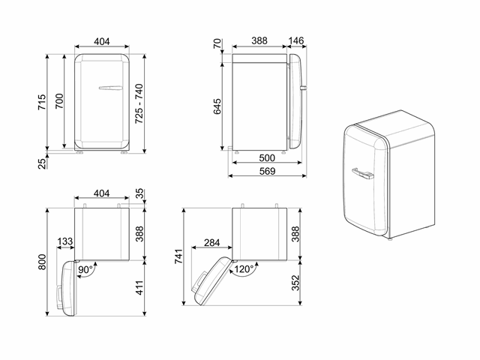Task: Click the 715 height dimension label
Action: pyautogui.click(x=42, y=102)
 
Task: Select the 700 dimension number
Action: pyautogui.click(x=59, y=101)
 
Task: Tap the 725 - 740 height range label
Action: pyautogui.click(x=139, y=103)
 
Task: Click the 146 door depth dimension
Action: pyautogui.click(x=296, y=40)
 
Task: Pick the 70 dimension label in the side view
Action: pyautogui.click(x=217, y=43)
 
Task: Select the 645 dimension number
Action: pyautogui.click(x=217, y=106)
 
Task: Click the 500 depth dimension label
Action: pyautogui.click(x=267, y=158)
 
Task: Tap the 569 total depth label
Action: pyautogui.click(x=267, y=171)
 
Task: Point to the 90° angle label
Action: pyautogui.click(x=85, y=270)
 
